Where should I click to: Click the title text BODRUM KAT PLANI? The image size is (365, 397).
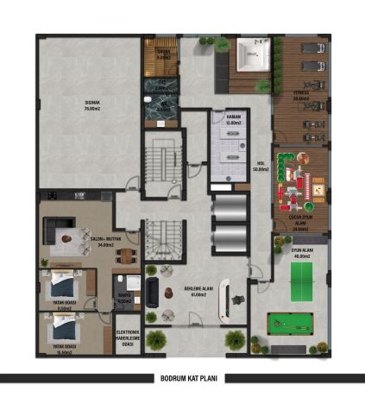click(183, 378)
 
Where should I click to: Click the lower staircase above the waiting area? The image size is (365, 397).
click(161, 240)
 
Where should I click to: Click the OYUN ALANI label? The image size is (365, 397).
click(301, 253)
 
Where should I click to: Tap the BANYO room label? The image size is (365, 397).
click(123, 299)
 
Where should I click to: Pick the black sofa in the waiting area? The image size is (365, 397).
click(154, 291)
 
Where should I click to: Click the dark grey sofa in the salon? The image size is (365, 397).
click(56, 232)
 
